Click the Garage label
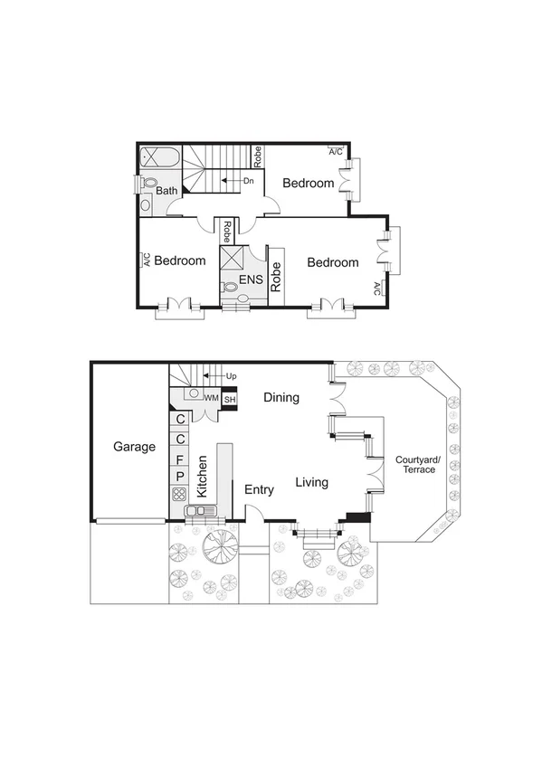[x=134, y=447]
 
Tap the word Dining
[x=281, y=397]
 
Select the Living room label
[x=311, y=483]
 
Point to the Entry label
[x=259, y=489]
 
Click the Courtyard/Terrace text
[x=416, y=465]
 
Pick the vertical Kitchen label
[x=203, y=474]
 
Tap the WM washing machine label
[x=211, y=398]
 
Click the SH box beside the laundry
[x=230, y=398]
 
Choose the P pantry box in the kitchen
[x=180, y=477]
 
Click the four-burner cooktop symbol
[x=179, y=494]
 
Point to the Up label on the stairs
[x=231, y=375]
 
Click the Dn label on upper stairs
[x=248, y=181]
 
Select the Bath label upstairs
[x=167, y=191]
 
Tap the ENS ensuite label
[x=251, y=280]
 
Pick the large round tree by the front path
[x=220, y=546]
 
